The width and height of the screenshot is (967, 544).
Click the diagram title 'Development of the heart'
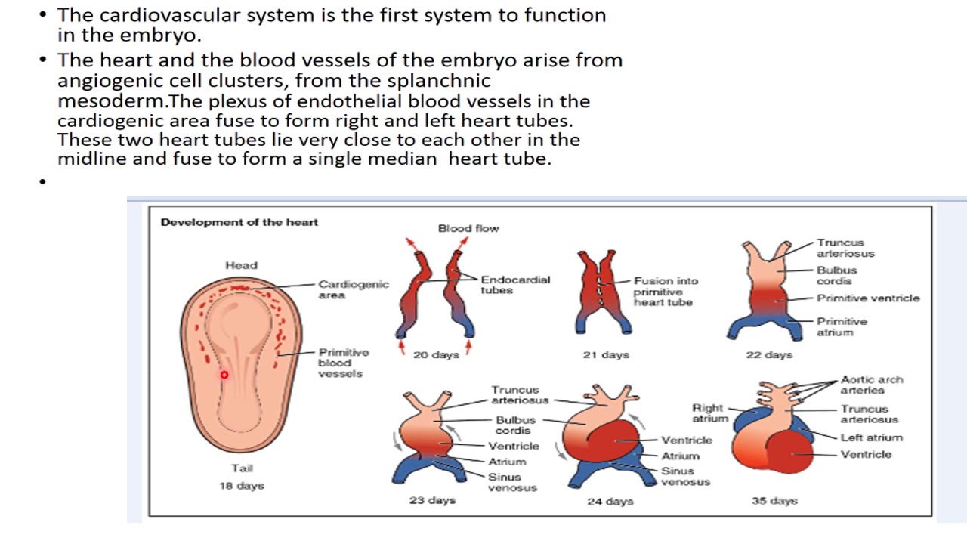[239, 222]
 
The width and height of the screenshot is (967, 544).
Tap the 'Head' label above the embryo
[241, 265]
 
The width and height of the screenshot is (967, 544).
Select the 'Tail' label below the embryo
[242, 468]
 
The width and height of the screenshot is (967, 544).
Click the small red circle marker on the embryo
[224, 375]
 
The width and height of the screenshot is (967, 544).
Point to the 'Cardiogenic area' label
[353, 289]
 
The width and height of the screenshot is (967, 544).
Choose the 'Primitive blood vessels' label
[343, 363]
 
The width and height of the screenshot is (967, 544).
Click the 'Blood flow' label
[468, 228]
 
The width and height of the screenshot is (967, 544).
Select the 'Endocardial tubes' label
[515, 285]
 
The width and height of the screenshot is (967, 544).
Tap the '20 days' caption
[436, 354]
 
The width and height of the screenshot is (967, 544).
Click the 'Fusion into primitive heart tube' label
[665, 292]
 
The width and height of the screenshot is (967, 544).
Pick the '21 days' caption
[605, 354]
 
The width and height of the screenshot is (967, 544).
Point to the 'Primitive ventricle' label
[868, 298]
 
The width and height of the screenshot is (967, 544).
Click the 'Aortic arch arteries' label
[871, 385]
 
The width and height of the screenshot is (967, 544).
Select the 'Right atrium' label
[710, 413]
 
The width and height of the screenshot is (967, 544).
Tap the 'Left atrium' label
[871, 437]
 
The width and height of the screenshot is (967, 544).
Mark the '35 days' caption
[774, 500]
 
